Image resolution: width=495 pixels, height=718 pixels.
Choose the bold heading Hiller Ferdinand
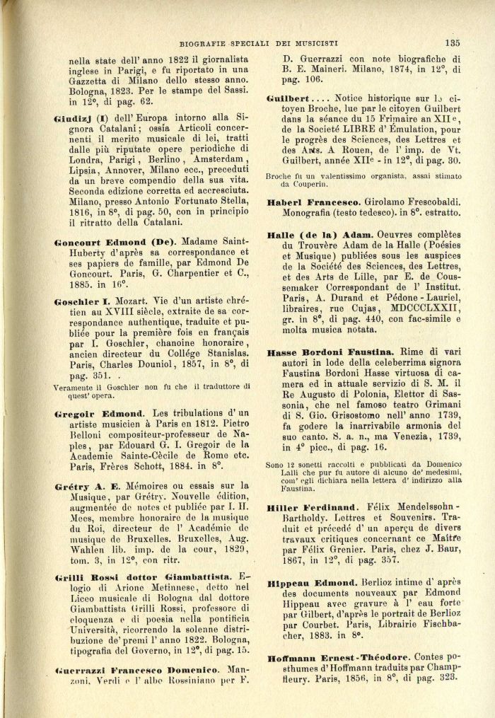(313, 507)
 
